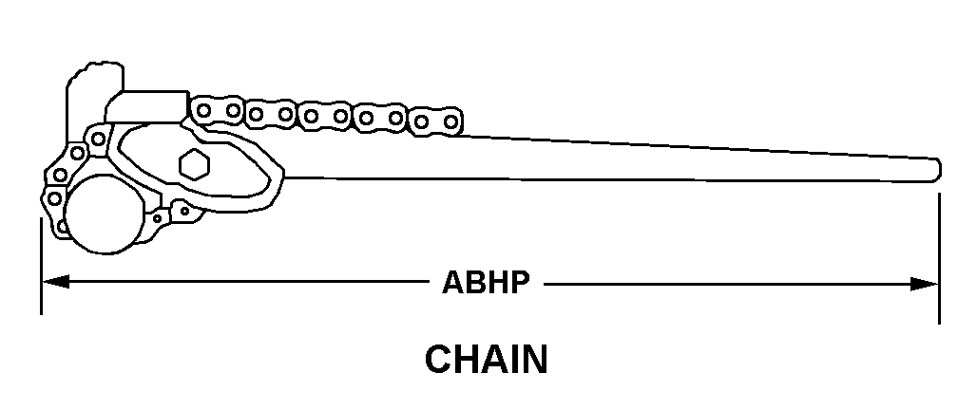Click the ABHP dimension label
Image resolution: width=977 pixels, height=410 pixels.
coord(486,283)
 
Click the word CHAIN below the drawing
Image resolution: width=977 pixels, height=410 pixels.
coord(486,360)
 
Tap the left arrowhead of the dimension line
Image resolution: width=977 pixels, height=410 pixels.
coord(55,283)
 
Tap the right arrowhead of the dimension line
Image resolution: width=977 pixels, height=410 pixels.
coord(924,285)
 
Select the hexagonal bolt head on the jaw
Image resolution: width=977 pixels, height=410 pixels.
coord(195,164)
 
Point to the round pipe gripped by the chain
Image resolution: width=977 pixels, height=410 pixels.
coord(105,214)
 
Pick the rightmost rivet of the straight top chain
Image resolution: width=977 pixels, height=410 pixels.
coord(450,121)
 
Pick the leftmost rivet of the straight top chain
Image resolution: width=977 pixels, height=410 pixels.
coord(203,111)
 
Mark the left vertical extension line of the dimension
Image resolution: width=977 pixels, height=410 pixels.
coord(41,267)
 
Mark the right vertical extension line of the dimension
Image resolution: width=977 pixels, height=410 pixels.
coord(939,258)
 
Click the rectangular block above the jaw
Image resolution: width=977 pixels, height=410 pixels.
coord(147,106)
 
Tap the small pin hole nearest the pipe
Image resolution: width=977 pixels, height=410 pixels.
coord(157,218)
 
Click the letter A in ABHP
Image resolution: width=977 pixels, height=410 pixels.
coord(453,283)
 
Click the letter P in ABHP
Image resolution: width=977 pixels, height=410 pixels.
coord(520,283)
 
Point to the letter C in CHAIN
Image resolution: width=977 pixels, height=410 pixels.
coord(439,360)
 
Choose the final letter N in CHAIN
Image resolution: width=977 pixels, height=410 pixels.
coord(535,360)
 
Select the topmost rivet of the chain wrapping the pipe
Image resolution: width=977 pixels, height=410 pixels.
coord(98,139)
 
